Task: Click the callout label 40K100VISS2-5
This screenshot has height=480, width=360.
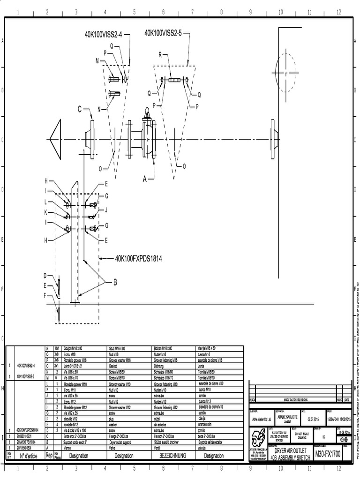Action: pyautogui.click(x=165, y=33)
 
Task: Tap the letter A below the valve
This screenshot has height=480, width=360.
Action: pyautogui.click(x=144, y=179)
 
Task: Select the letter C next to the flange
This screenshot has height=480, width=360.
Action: pyautogui.click(x=81, y=109)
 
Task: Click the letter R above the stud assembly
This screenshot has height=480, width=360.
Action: pyautogui.click(x=160, y=55)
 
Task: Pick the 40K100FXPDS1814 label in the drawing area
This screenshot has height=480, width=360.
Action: pyautogui.click(x=138, y=258)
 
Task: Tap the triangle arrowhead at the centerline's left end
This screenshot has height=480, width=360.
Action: pyautogui.click(x=55, y=139)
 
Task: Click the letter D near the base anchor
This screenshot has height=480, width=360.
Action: pyautogui.click(x=46, y=276)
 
